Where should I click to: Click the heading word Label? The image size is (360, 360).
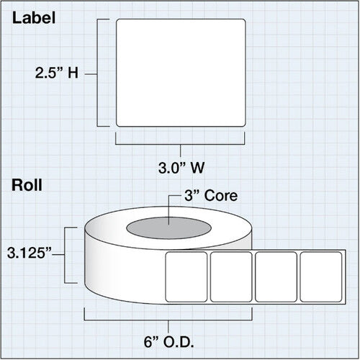pyautogui.click(x=34, y=18)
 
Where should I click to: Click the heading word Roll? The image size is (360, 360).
pyautogui.click(x=27, y=185)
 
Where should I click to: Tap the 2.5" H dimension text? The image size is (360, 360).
pyautogui.click(x=57, y=73)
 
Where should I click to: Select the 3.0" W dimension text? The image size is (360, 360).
pyautogui.click(x=181, y=168)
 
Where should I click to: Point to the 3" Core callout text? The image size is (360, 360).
pyautogui.click(x=211, y=196)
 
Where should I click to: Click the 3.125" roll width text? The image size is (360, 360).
pyautogui.click(x=30, y=253)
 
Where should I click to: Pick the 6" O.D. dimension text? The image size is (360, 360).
pyautogui.click(x=169, y=342)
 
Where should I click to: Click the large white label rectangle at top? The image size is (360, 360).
pyautogui.click(x=181, y=73)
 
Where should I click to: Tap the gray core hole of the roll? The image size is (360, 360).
pyautogui.click(x=168, y=228)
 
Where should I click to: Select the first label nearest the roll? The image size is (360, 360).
pyautogui.click(x=186, y=276)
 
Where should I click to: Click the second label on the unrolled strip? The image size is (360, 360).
pyautogui.click(x=231, y=276)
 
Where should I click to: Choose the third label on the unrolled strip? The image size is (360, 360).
pyautogui.click(x=276, y=276)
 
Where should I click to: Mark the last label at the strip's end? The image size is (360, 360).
pyautogui.click(x=321, y=276)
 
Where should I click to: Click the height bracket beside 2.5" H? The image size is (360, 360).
pyautogui.click(x=97, y=73)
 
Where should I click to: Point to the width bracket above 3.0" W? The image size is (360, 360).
pyautogui.click(x=180, y=145)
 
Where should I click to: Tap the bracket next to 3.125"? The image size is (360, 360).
pyautogui.click(x=65, y=255)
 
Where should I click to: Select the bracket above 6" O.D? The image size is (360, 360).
pyautogui.click(x=168, y=320)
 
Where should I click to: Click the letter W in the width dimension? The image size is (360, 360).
pyautogui.click(x=197, y=168)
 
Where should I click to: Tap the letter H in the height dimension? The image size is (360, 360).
pyautogui.click(x=73, y=73)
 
